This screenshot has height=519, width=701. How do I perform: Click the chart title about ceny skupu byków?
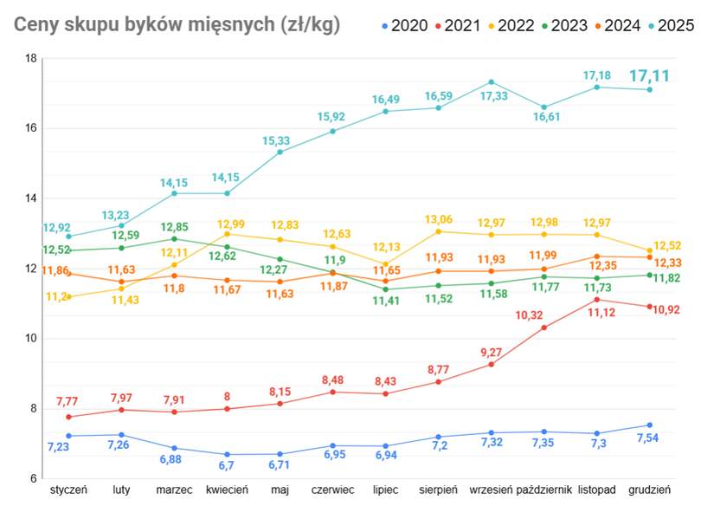point(177,25)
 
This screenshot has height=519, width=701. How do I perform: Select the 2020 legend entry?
point(404,25)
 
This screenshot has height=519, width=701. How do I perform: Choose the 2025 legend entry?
point(672,25)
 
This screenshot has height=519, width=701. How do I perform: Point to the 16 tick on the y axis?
point(30,128)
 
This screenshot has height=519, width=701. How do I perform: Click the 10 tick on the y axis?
point(30,339)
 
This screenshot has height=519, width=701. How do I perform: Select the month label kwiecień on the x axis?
point(228,490)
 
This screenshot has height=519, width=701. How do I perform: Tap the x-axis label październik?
point(543,490)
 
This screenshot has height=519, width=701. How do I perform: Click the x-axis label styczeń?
point(68,490)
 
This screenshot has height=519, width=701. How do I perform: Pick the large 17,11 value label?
point(650,76)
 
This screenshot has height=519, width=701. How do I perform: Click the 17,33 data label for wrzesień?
point(491,97)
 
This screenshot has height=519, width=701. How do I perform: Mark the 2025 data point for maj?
point(280,152)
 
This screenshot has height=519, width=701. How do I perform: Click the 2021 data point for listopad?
point(596,300)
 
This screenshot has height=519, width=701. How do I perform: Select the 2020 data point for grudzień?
point(649,425)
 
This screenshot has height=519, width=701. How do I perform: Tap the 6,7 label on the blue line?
point(227,466)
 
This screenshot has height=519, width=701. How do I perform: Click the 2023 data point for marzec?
point(174,239)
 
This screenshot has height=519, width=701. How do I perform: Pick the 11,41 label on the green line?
point(385,301)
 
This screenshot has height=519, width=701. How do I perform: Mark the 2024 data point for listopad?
point(596,256)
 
